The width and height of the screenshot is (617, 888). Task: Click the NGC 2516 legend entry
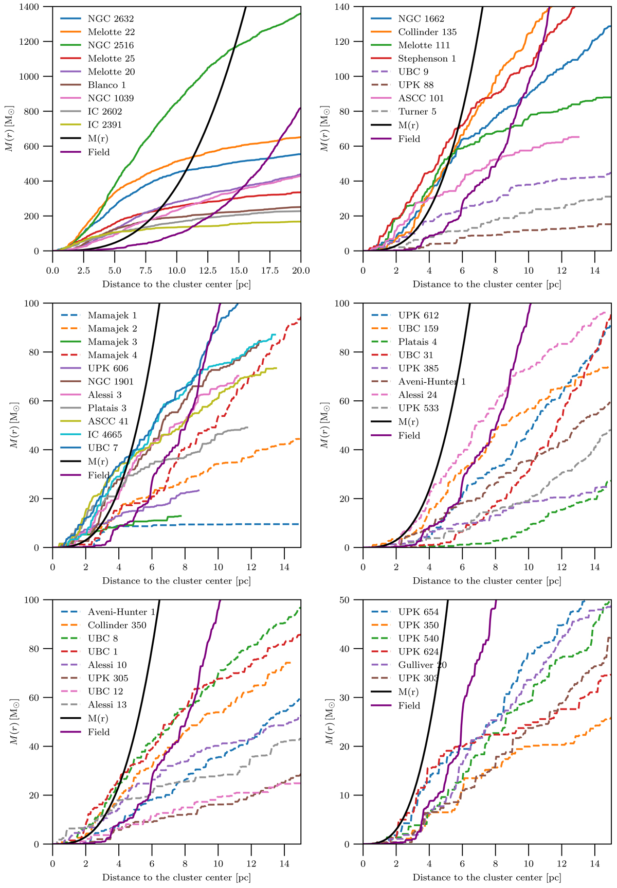pos(111,45)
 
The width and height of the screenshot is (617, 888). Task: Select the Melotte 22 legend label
pos(111,32)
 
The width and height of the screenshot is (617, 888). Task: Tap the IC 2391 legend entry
pos(104,125)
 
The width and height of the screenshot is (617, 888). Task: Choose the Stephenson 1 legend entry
pos(427,59)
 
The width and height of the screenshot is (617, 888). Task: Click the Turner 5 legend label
pos(417,112)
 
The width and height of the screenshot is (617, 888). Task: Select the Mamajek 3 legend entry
pos(112,342)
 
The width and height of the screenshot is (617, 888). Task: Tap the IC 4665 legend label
pos(104,435)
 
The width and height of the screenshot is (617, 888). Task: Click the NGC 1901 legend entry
pos(111,382)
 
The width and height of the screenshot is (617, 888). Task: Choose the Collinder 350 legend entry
pos(117,625)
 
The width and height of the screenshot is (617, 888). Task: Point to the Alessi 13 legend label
pos(107,705)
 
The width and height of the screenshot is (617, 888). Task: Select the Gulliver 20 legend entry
pos(422,665)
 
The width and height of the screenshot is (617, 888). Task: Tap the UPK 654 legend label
pos(419,612)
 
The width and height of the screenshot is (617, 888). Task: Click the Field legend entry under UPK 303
pos(409,706)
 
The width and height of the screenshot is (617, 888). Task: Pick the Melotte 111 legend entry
pos(424,45)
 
